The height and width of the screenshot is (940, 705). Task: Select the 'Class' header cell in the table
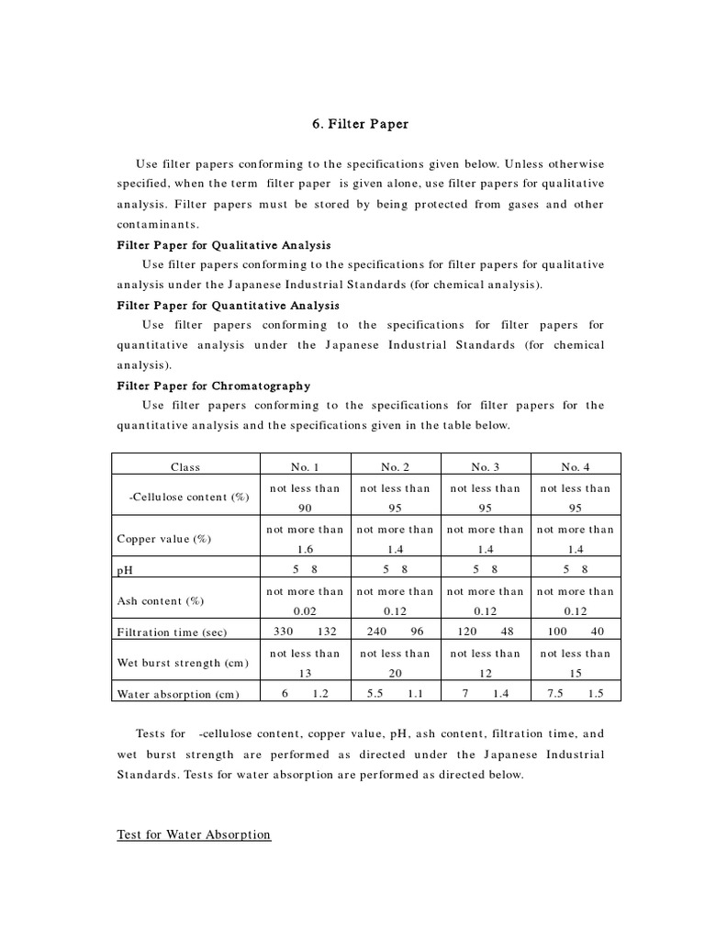coord(185,467)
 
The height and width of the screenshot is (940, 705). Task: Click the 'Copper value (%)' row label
coord(164,539)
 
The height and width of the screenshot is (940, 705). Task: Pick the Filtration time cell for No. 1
coord(303,632)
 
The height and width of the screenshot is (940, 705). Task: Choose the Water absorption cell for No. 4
coord(576,694)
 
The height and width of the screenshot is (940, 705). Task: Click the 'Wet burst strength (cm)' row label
coord(182,663)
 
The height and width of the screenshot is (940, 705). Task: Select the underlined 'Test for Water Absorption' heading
coord(194,834)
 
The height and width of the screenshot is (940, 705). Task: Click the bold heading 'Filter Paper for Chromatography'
coord(213,386)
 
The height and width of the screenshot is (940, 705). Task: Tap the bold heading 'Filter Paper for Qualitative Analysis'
coord(224,245)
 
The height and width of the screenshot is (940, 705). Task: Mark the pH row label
coord(125,570)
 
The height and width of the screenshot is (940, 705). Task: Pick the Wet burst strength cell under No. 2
coord(395,663)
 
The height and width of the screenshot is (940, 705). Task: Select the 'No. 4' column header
coord(576,467)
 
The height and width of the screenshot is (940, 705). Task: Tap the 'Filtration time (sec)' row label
coord(172,632)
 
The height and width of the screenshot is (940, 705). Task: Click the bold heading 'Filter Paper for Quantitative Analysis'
coord(228,305)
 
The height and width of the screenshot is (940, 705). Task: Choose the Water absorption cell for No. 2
coord(395,694)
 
